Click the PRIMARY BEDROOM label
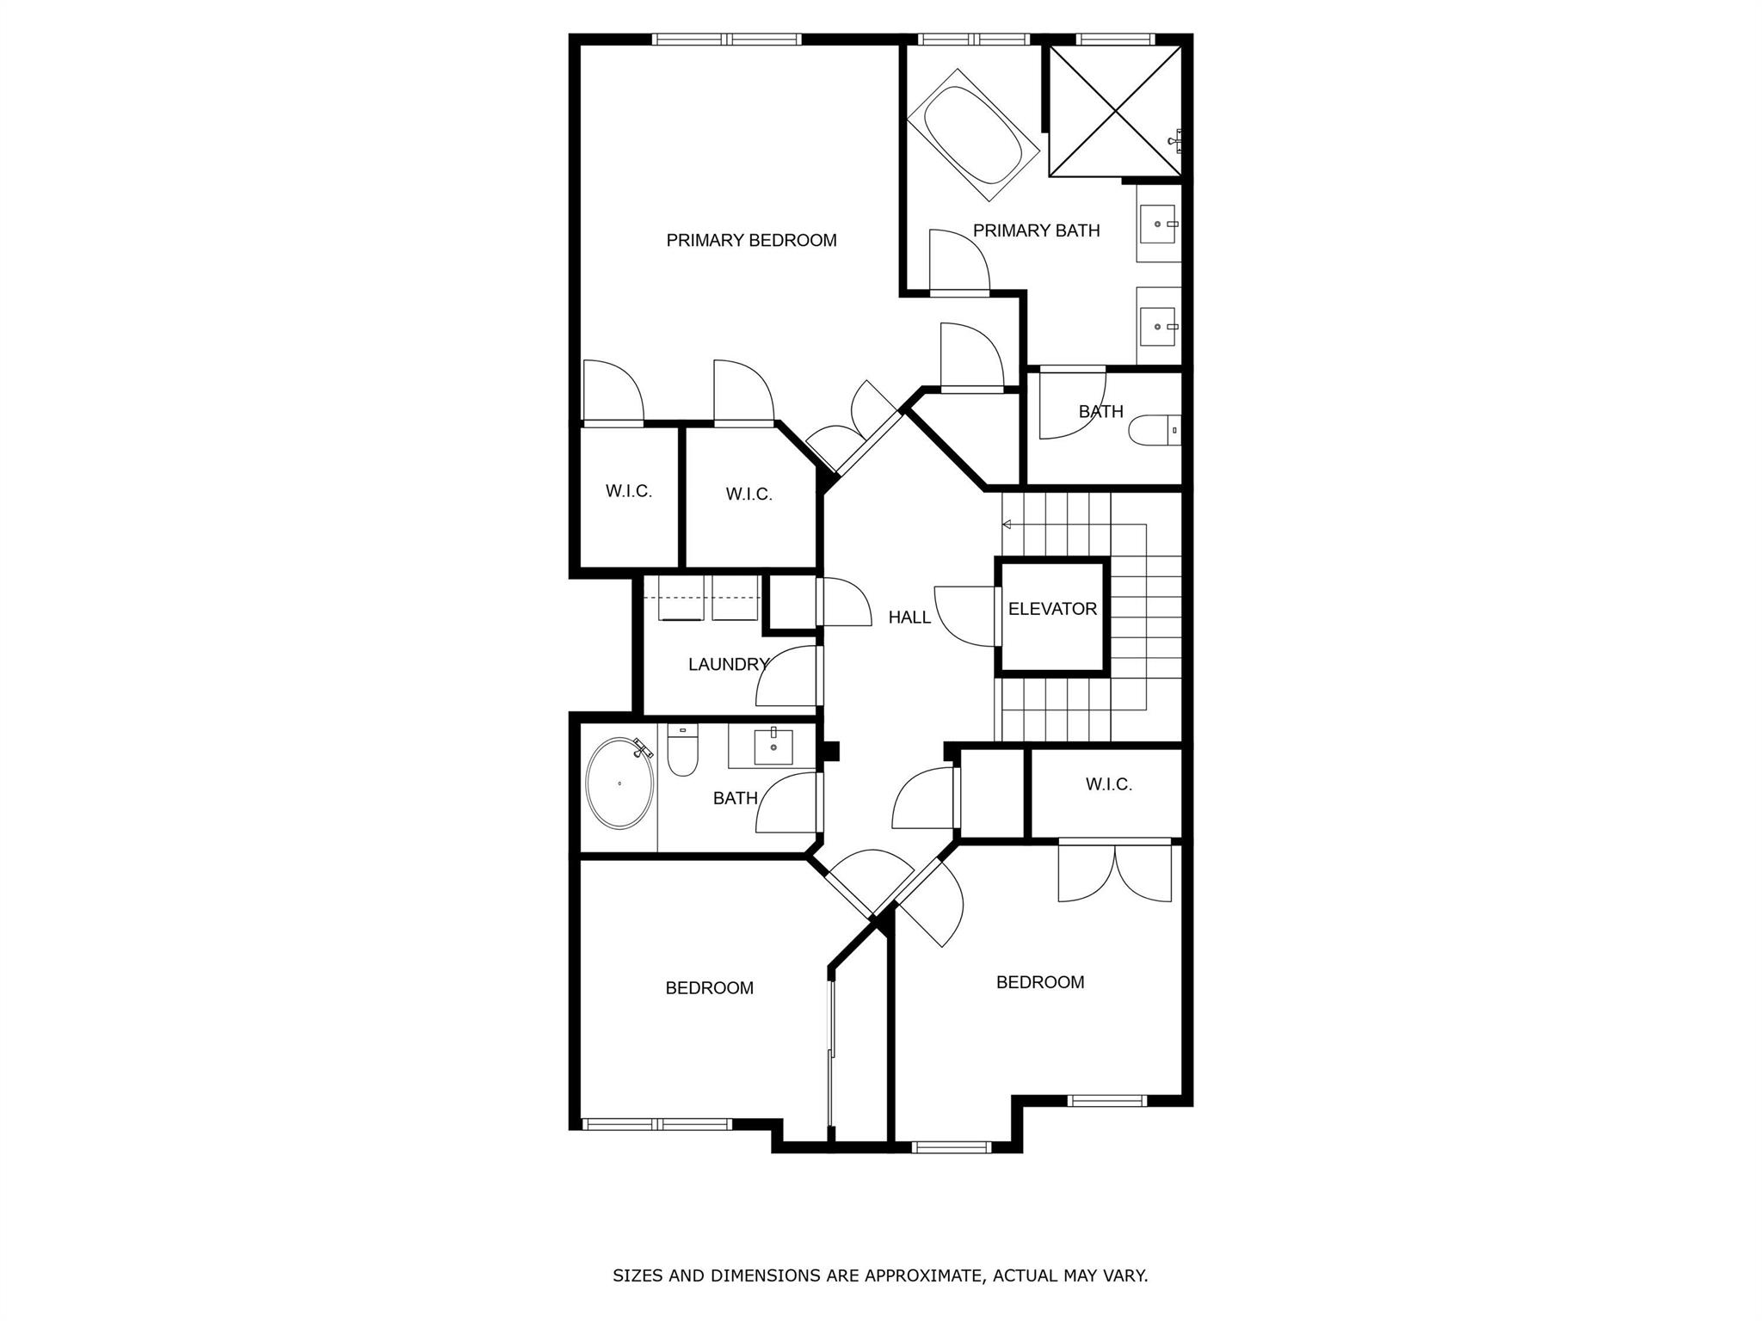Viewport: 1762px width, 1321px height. tap(751, 241)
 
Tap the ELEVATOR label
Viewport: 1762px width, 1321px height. tap(1052, 609)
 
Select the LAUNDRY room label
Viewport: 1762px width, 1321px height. tap(728, 664)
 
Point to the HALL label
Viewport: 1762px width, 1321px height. tap(909, 617)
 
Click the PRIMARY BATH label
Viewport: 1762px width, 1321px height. tap(1036, 230)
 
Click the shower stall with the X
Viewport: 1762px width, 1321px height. tap(1115, 111)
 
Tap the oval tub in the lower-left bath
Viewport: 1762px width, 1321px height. tap(619, 783)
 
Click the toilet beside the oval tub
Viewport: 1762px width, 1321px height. tap(683, 750)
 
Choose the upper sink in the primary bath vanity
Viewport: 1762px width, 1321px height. tap(1160, 224)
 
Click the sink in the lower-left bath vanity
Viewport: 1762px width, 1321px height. tap(773, 747)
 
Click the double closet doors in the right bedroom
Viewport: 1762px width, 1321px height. tap(1114, 872)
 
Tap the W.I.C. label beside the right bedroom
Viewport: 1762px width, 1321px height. tap(1108, 784)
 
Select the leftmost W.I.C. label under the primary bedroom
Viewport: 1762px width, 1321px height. tap(629, 491)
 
